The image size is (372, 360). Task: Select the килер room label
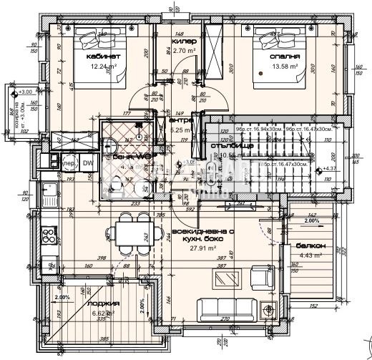[180, 42]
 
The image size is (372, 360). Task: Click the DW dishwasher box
[87, 163]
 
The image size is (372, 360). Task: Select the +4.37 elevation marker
[330, 168]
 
